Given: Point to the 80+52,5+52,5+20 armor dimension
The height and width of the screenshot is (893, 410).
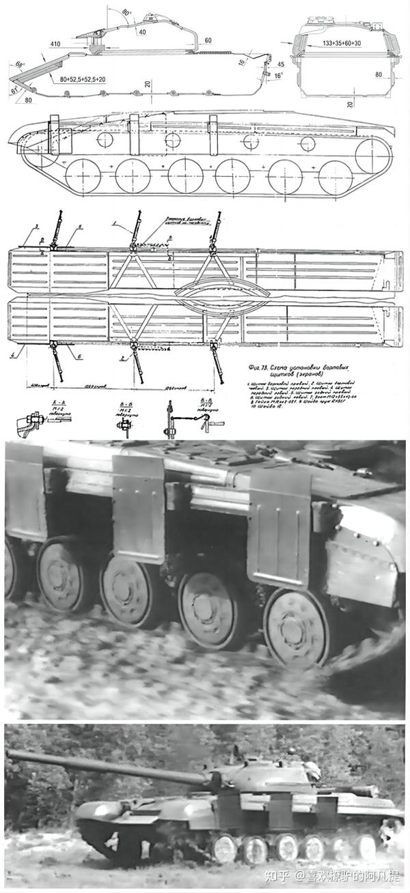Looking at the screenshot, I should tap(83, 79).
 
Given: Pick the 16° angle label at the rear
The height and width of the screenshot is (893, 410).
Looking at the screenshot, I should tap(277, 76).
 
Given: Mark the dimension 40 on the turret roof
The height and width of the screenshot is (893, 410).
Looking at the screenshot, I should tap(141, 31).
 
